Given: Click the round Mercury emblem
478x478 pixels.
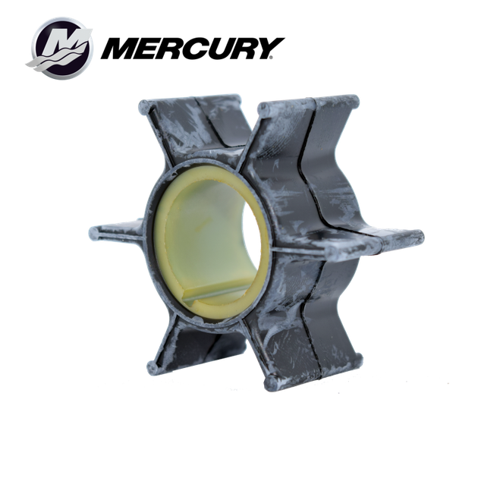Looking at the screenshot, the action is click(60, 48).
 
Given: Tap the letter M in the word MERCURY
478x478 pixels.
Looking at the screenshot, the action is click(124, 49).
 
